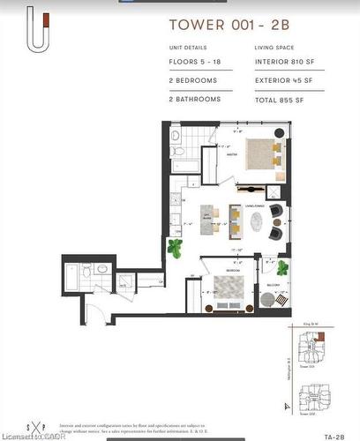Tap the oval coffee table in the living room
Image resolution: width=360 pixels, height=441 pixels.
point(255,220)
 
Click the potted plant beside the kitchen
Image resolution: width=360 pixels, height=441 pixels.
point(175,250)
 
